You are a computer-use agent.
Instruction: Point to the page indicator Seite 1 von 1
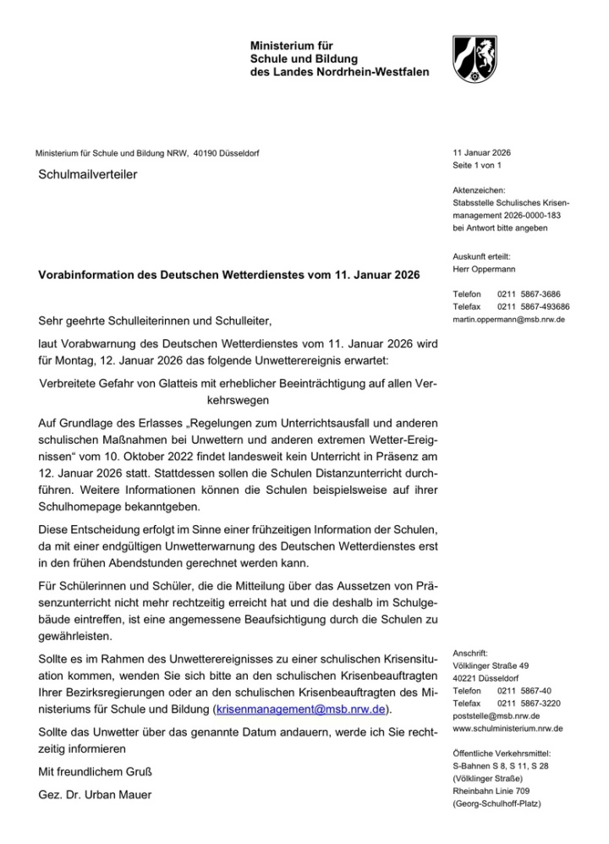pyautogui.click(x=478, y=166)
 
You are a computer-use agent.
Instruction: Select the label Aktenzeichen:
pyautogui.click(x=480, y=190)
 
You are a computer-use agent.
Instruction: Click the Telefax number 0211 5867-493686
pyautogui.click(x=533, y=307)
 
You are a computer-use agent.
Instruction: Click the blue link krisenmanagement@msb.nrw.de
pyautogui.click(x=302, y=708)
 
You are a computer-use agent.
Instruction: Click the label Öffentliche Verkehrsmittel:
pyautogui.click(x=502, y=753)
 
